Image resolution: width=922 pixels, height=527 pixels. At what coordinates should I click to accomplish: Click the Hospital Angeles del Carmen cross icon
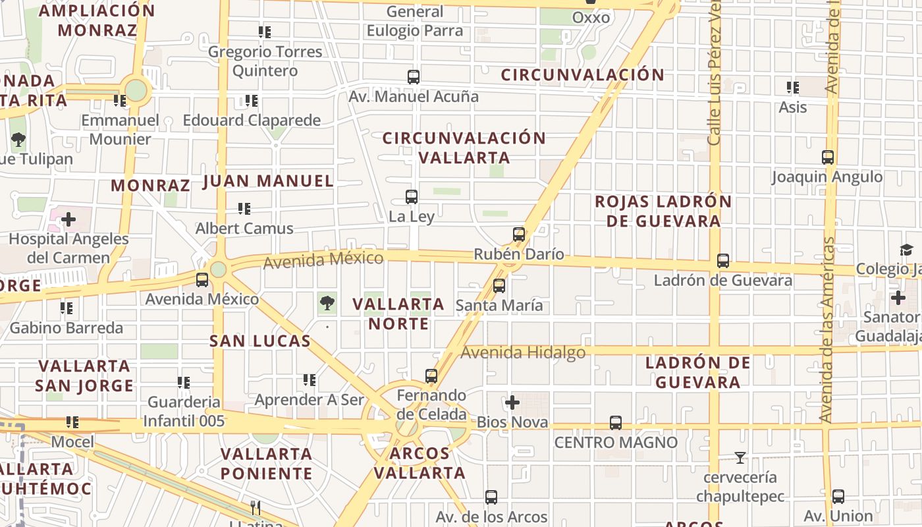(x=68, y=219)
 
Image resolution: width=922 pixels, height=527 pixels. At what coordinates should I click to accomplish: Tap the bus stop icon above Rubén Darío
(x=519, y=234)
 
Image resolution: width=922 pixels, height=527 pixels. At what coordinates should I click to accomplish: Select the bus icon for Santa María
(x=499, y=285)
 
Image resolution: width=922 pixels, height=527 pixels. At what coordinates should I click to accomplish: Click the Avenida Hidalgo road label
(x=523, y=352)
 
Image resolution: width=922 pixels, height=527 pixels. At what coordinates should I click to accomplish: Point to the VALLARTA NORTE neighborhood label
(x=398, y=314)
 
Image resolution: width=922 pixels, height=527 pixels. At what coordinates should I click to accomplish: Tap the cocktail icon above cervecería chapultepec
(x=740, y=457)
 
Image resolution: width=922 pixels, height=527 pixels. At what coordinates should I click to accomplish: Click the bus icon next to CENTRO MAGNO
(x=616, y=422)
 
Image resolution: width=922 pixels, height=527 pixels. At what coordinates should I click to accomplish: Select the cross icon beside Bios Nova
(x=512, y=402)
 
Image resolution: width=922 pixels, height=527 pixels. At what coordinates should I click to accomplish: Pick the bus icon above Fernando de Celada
(x=431, y=376)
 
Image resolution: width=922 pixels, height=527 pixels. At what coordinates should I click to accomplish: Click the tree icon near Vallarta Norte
(x=327, y=303)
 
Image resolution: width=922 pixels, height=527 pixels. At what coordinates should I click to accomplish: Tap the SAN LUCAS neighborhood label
(x=260, y=341)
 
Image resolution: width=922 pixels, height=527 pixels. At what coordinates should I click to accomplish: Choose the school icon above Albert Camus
(x=244, y=209)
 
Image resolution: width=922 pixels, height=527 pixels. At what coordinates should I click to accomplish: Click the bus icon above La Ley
(x=412, y=196)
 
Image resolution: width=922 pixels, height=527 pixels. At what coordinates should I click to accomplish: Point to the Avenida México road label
(x=323, y=260)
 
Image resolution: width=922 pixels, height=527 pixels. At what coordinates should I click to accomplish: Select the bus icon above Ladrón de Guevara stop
(x=723, y=260)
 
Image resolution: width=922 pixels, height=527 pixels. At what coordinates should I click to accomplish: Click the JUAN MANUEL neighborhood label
(x=269, y=181)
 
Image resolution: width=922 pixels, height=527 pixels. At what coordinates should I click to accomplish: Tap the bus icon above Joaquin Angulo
(x=828, y=157)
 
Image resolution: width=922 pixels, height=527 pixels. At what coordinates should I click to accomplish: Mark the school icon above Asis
(x=793, y=87)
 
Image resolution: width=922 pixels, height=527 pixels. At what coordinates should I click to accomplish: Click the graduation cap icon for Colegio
(x=906, y=250)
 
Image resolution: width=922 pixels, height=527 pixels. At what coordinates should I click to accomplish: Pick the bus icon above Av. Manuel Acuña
(x=414, y=76)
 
